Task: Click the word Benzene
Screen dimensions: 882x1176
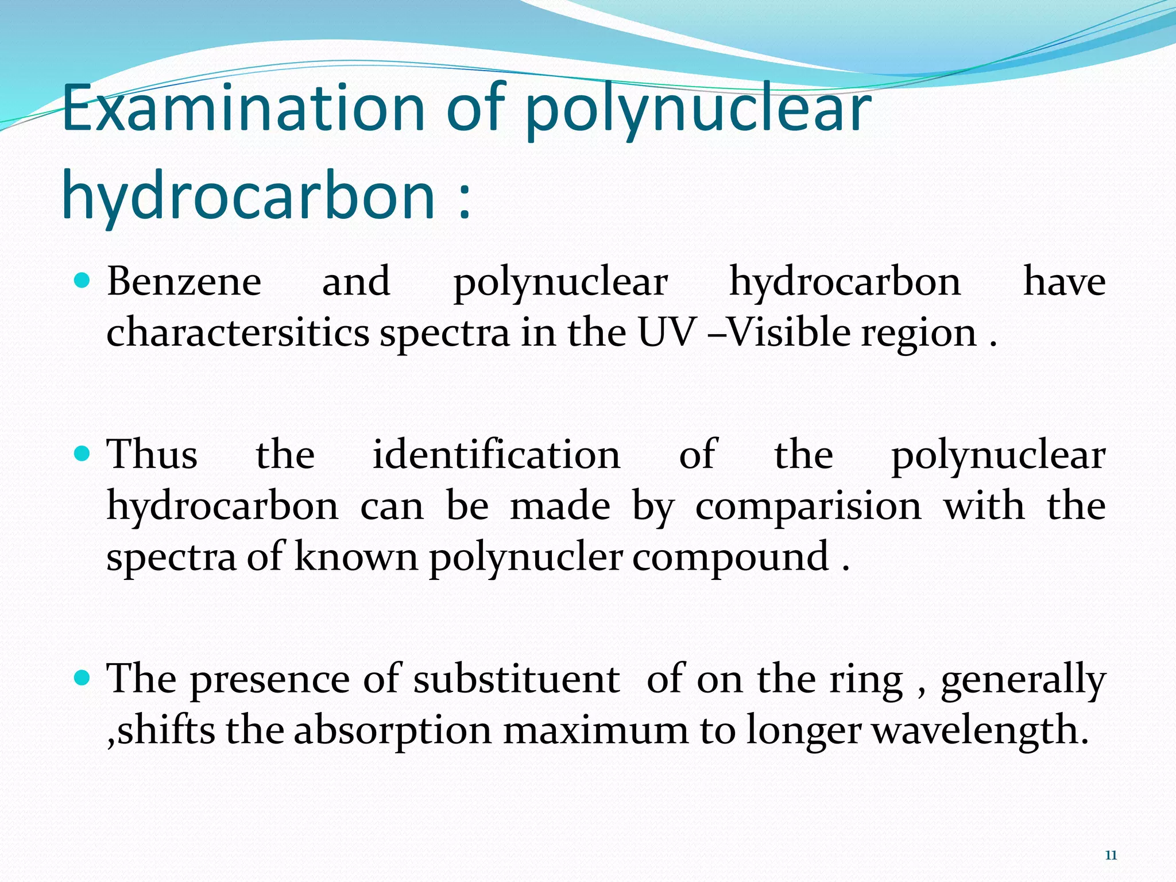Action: tap(184, 282)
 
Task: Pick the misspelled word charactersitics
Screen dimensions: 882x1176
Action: tap(238, 333)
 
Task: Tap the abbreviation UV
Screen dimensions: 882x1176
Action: tap(667, 333)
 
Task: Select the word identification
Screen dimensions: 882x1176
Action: tap(497, 454)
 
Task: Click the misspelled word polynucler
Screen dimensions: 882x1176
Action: tap(525, 557)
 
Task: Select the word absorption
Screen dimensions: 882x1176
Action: tap(393, 731)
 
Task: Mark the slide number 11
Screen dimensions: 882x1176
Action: tap(1111, 856)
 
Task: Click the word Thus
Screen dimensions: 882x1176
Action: tap(153, 454)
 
